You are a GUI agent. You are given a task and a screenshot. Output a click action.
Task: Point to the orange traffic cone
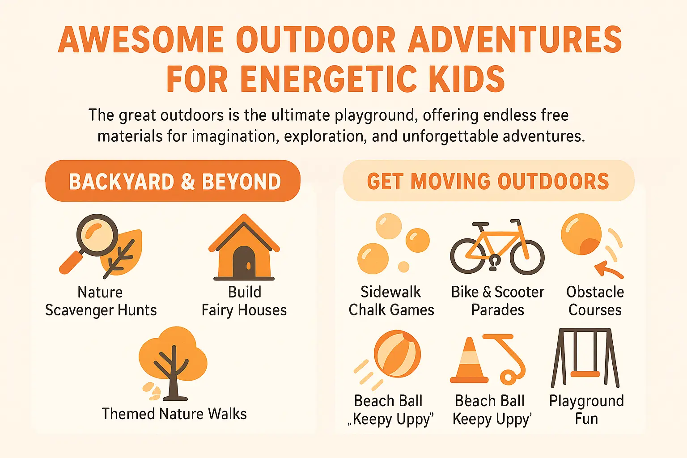pyautogui.click(x=469, y=362)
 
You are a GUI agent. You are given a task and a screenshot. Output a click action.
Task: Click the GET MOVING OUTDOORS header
pyautogui.click(x=488, y=181)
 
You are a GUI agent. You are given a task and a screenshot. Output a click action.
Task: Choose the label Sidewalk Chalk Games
pyautogui.click(x=391, y=301)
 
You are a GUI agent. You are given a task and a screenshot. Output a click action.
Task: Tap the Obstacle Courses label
pyautogui.click(x=595, y=301)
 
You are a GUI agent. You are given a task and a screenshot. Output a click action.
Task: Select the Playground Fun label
pyautogui.click(x=586, y=410)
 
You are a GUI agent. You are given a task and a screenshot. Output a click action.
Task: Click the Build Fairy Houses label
pyautogui.click(x=244, y=301)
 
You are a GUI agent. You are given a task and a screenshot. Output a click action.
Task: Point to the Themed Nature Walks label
pyautogui.click(x=174, y=414)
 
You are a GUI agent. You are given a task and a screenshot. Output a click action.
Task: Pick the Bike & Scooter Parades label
pyautogui.click(x=497, y=301)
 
